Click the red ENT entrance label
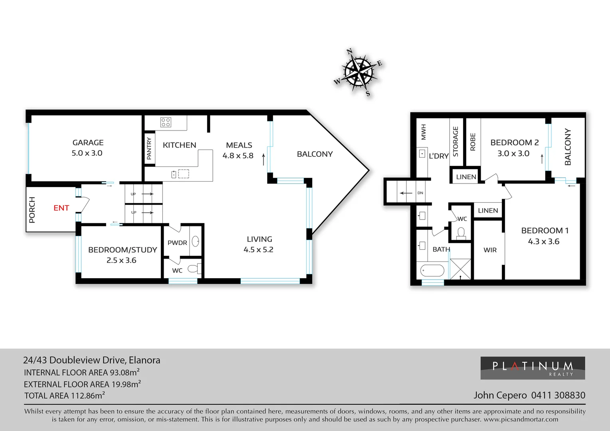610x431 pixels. click(61, 208)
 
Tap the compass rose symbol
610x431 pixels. click(358, 72)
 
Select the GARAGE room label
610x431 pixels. click(88, 142)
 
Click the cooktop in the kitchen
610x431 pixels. click(166, 122)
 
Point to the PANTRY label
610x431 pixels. click(149, 148)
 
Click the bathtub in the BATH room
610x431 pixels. click(432, 271)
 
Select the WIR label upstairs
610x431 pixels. click(490, 250)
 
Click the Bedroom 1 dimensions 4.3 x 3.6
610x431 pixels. click(543, 241)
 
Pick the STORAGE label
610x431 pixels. click(456, 141)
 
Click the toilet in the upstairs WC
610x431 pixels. click(461, 232)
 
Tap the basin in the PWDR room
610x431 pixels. click(196, 241)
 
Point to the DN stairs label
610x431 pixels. click(420, 193)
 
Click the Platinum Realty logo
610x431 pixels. click(532, 368)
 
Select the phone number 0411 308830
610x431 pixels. click(558, 395)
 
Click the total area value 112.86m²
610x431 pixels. click(87, 395)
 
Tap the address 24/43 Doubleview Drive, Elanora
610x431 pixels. click(91, 360)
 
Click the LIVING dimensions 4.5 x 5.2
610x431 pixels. click(258, 250)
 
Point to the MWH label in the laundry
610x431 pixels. click(424, 132)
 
